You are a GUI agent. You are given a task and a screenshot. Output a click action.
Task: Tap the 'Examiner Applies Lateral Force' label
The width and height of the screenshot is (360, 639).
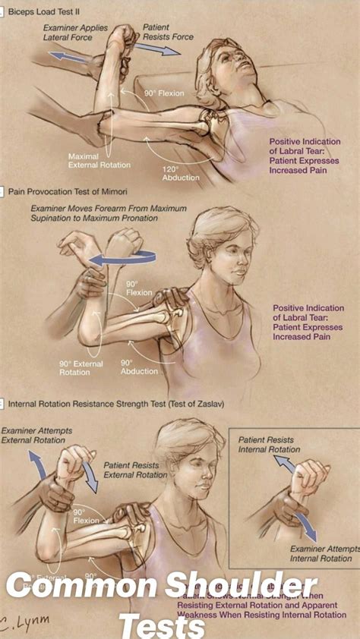77,32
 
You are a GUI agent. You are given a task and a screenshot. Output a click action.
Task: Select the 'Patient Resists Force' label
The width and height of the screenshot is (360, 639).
169,32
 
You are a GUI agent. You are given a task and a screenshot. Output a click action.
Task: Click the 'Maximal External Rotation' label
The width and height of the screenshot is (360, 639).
99,160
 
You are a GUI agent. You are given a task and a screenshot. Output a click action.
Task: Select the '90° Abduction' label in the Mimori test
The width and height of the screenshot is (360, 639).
138,367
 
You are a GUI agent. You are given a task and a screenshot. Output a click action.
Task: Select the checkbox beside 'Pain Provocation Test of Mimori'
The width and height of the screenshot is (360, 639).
3,193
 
